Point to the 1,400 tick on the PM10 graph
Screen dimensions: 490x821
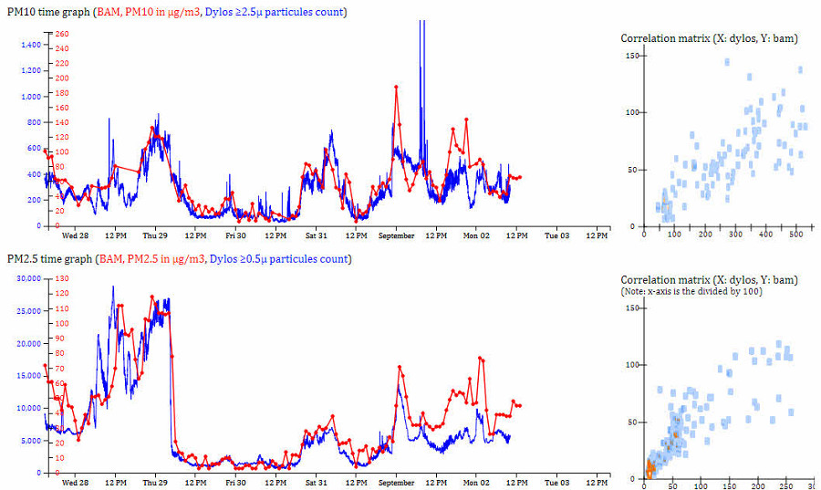pyautogui.click(x=30, y=45)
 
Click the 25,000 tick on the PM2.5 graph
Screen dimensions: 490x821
pyautogui.click(x=26, y=311)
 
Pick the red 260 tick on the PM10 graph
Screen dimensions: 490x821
pyautogui.click(x=62, y=34)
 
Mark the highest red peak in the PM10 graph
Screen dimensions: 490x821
pyautogui.click(x=396, y=87)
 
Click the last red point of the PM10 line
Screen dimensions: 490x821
pyautogui.click(x=520, y=177)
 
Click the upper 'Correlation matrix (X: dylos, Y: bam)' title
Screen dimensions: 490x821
pyautogui.click(x=709, y=37)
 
